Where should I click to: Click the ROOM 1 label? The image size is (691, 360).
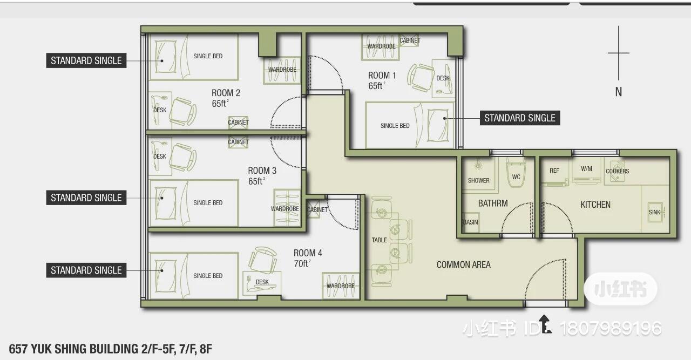tap(382, 75)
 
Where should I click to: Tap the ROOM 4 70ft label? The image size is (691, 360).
tap(308, 258)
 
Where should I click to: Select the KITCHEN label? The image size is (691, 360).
tap(595, 205)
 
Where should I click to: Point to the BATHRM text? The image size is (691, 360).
tap(493, 203)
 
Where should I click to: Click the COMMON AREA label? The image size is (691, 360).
tap(463, 264)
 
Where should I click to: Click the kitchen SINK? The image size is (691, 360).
tap(655, 212)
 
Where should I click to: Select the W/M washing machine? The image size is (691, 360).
tap(586, 171)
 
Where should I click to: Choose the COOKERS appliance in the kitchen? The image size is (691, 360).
tap(617, 172)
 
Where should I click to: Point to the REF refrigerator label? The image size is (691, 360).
tap(554, 171)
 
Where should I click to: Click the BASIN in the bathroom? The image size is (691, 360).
tap(471, 222)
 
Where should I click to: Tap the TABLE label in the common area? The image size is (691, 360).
tap(379, 240)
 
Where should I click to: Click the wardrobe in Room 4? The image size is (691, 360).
tap(341, 286)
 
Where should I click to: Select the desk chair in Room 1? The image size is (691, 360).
tap(420, 77)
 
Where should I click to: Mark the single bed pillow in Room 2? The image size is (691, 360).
tap(166, 57)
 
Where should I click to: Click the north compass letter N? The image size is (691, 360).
tap(619, 92)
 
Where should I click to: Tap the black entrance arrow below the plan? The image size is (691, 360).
tap(545, 324)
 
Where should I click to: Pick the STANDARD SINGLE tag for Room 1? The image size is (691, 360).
tap(520, 118)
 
